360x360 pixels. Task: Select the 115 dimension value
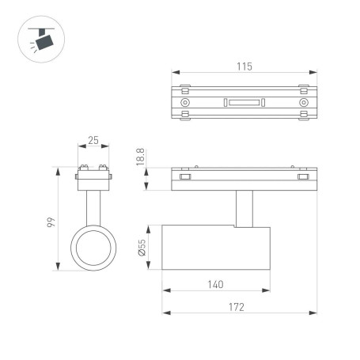point(244,67)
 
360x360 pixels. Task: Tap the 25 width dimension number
point(93,141)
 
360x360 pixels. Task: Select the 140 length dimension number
point(215,285)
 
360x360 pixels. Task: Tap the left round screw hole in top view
point(185,103)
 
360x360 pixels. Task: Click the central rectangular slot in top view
point(244,103)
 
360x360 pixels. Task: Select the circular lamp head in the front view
point(93,248)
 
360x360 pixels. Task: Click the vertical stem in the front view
point(93,209)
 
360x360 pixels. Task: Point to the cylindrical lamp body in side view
point(215,248)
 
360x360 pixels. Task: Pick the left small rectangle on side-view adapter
point(185,178)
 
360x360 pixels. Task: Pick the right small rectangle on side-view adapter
point(302,178)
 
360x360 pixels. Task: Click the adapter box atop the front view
point(93,182)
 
